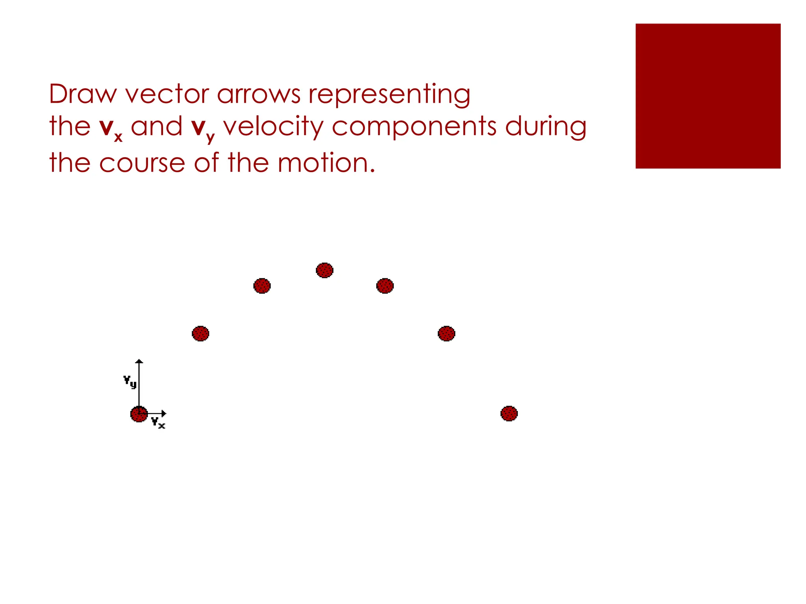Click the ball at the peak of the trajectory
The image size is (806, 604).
pyautogui.click(x=325, y=270)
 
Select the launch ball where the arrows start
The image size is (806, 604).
pyautogui.click(x=139, y=414)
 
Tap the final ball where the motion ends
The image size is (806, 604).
pyautogui.click(x=509, y=413)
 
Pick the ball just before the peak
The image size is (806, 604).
pyautogui.click(x=262, y=286)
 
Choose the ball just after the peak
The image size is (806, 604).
pyautogui.click(x=385, y=286)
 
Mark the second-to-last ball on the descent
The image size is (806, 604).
pyautogui.click(x=446, y=333)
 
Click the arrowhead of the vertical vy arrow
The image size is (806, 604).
pyautogui.click(x=139, y=361)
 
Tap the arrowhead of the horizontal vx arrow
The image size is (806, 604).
pyautogui.click(x=164, y=414)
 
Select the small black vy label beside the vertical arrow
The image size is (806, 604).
pyautogui.click(x=130, y=381)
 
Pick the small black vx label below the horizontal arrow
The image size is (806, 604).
pyautogui.click(x=158, y=423)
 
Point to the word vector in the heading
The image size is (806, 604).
pyautogui.click(x=167, y=94)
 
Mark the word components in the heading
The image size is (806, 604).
pyautogui.click(x=414, y=127)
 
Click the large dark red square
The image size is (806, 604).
pyautogui.click(x=708, y=96)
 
